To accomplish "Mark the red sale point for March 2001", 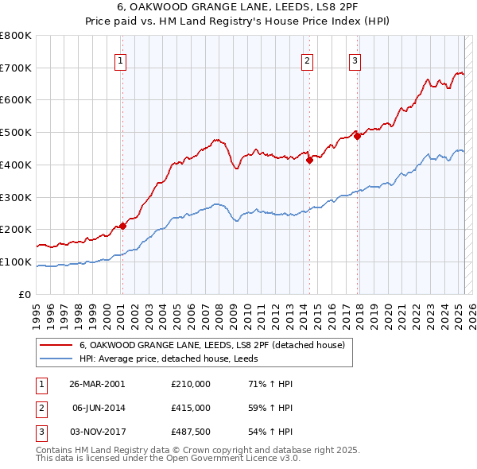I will (123, 226).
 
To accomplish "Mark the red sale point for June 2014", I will (309, 160).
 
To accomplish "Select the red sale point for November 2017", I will (358, 136).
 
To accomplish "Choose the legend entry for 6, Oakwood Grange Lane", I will (211, 346).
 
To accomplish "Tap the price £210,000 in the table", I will (191, 384).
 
